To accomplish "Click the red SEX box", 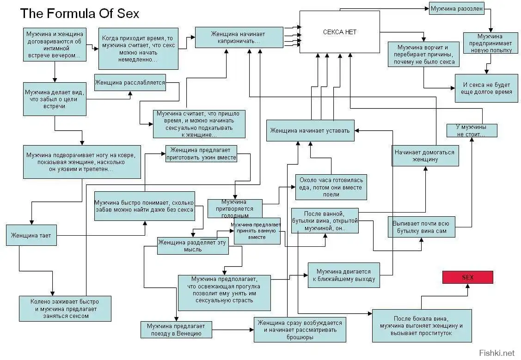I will [x=467, y=277].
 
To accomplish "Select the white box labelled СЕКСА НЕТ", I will [x=339, y=32].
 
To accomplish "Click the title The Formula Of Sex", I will [x=80, y=13].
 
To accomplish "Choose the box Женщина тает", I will [x=31, y=236].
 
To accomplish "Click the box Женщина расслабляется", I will [x=130, y=83].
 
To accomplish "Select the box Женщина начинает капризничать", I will [x=239, y=37].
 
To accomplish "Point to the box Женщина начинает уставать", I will [x=311, y=130].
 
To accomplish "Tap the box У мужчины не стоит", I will [x=472, y=130].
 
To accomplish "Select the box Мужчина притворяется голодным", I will [x=234, y=207].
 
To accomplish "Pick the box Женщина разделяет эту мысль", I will [x=193, y=246].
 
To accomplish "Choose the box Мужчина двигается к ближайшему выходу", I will [x=343, y=275].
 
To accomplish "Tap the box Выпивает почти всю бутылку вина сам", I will [x=421, y=227].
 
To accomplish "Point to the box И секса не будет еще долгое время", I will [x=486, y=88].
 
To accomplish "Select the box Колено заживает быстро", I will [x=65, y=308].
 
